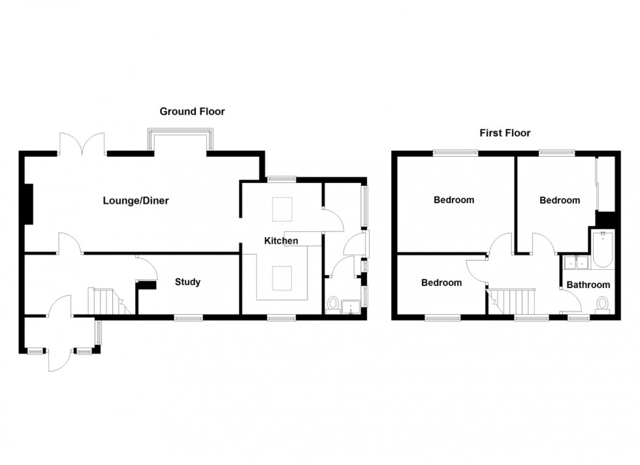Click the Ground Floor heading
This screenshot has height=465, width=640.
click(192, 112)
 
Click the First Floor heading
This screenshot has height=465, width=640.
click(505, 133)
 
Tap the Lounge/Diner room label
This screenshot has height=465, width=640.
click(136, 201)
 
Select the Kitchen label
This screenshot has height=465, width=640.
click(281, 241)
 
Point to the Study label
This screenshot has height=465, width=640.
click(187, 282)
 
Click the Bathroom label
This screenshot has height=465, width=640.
click(588, 285)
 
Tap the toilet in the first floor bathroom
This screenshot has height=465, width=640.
click(602, 305)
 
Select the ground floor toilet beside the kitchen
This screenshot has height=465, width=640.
click(333, 304)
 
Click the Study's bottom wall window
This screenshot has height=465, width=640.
click(189, 317)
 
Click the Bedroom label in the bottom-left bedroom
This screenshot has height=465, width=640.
click(441, 283)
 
